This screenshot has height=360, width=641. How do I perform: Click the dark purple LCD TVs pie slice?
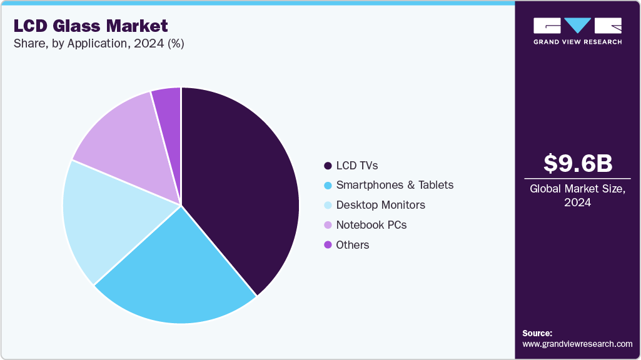click(x=244, y=187)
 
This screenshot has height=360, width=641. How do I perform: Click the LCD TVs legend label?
click(x=357, y=166)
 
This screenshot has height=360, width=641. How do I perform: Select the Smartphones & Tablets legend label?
click(x=395, y=185)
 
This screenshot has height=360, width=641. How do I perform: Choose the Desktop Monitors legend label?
click(x=380, y=205)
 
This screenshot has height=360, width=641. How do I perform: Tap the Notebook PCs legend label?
click(x=371, y=225)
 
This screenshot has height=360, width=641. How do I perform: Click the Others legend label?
click(x=353, y=245)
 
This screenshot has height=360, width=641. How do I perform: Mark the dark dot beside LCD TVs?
click(x=328, y=166)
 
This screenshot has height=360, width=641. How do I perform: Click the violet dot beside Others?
click(x=328, y=245)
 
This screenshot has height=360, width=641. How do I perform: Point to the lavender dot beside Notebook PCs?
click(x=328, y=225)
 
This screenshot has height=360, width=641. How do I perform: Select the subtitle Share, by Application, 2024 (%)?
click(x=98, y=44)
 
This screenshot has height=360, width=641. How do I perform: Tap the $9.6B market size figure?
click(x=578, y=163)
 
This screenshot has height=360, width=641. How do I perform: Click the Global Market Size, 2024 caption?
click(x=578, y=196)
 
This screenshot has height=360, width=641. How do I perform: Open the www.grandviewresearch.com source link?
click(x=577, y=344)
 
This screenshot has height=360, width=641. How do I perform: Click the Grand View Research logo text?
click(x=577, y=42)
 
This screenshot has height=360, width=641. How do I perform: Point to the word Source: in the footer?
click(x=537, y=333)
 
